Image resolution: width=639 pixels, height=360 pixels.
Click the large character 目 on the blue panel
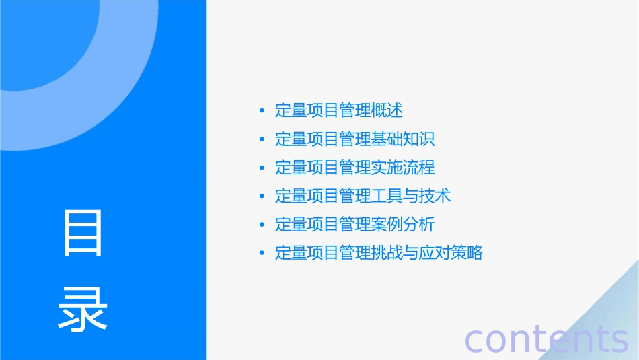coord(83,232)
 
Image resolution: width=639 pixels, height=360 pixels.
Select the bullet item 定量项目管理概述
coord(339,110)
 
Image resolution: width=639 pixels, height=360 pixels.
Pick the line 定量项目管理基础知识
coord(355,139)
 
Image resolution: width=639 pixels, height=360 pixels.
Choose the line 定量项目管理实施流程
coord(355,168)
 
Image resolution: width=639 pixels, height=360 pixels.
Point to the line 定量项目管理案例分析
coord(355,225)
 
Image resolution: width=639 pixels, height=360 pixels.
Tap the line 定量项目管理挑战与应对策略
coord(379,254)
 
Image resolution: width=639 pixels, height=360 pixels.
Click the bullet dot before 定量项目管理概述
coord(262,111)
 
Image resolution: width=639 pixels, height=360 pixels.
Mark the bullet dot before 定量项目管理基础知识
coord(262,139)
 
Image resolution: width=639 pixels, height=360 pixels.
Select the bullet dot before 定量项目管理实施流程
coord(262,168)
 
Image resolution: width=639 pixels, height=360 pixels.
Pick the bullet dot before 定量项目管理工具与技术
coord(262,196)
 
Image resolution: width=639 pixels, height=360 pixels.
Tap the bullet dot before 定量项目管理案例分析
coord(262,225)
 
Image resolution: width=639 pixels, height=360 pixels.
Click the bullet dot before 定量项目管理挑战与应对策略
coord(262,254)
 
